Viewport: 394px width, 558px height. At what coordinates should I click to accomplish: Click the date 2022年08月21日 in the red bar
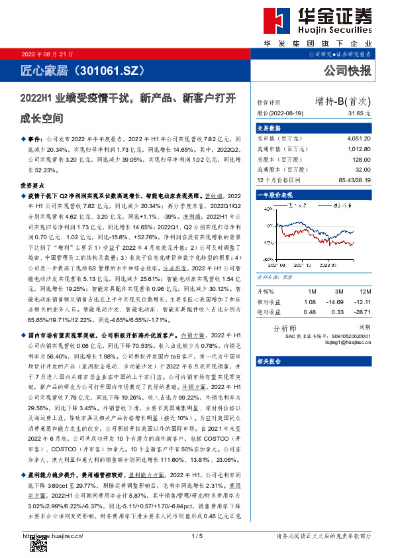click(x=48, y=54)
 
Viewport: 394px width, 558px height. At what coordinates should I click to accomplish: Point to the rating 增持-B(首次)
click(x=343, y=101)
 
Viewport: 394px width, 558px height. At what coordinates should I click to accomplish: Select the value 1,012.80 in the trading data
click(x=358, y=149)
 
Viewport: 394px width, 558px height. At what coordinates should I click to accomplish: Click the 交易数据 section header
click(x=269, y=128)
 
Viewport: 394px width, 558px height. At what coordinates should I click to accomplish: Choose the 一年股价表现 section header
click(x=273, y=196)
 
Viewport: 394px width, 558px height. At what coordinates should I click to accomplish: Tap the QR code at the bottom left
click(x=38, y=544)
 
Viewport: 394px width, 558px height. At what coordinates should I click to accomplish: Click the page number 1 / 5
click(x=196, y=535)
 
